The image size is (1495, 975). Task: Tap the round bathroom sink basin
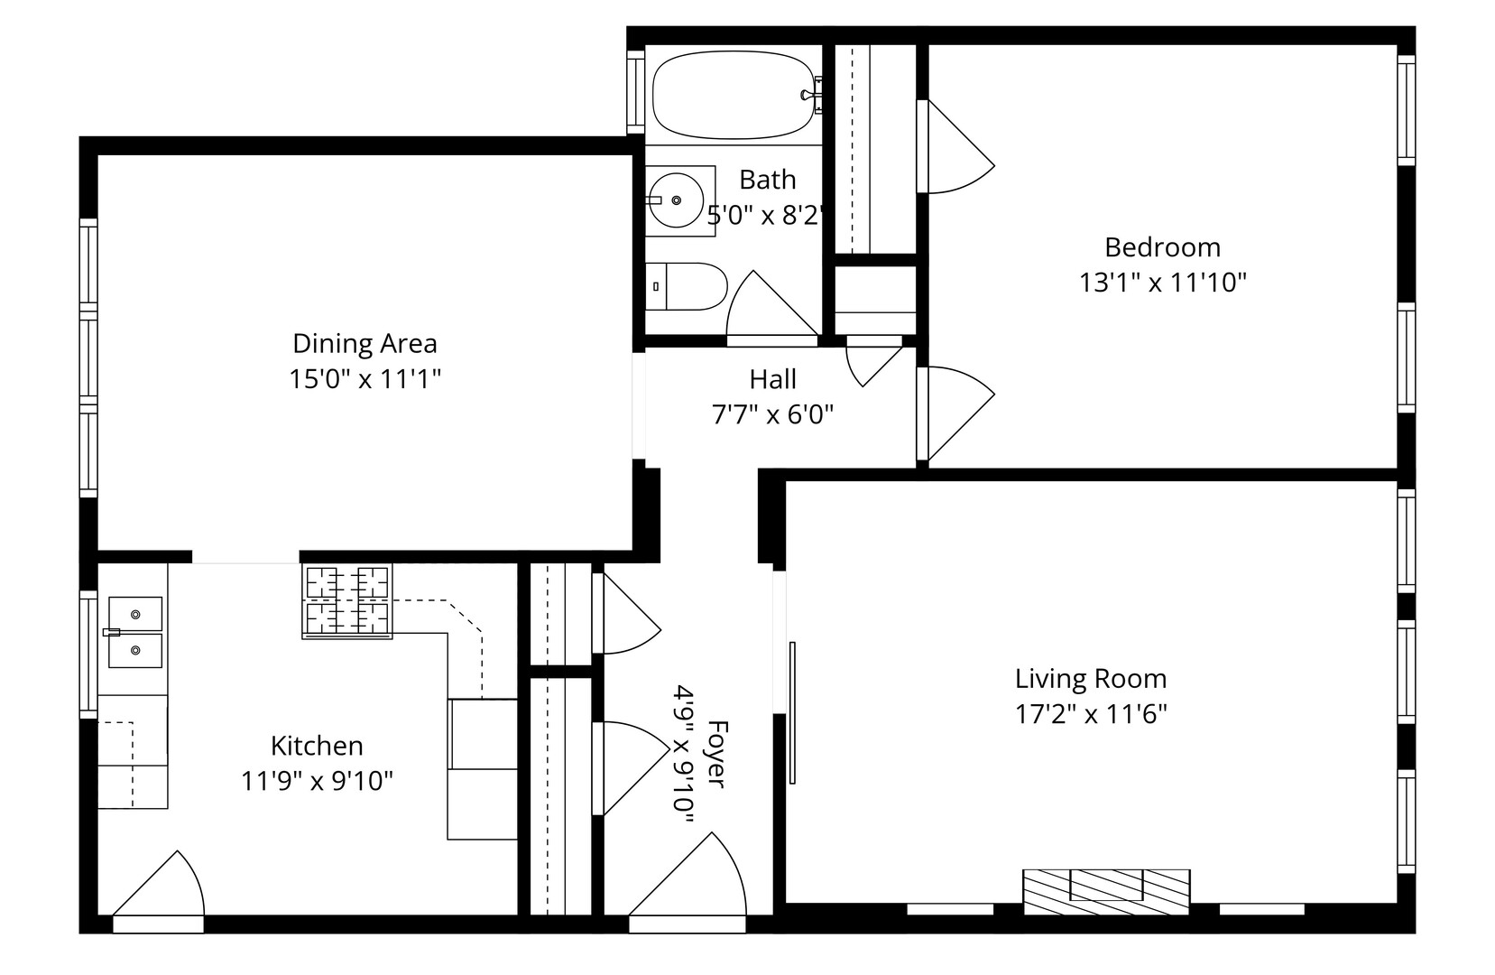point(676,200)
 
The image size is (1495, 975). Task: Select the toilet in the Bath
point(686,286)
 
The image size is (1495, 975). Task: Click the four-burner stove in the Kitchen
point(347,601)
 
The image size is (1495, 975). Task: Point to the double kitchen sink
point(135,633)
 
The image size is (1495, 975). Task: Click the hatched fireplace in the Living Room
point(1106,892)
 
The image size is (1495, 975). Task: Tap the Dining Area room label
point(365,343)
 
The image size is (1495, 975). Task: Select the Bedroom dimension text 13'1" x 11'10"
point(1163,283)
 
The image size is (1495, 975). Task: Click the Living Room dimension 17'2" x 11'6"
point(1091,714)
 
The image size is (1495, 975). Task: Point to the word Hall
point(773,379)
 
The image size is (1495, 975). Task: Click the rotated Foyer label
point(715,753)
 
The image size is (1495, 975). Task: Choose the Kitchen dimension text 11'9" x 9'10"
point(317,780)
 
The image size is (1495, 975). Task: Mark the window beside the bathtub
point(635,92)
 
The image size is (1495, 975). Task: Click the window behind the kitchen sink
point(88,655)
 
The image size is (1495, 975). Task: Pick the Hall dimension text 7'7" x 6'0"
point(773,414)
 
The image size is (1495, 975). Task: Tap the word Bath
point(768,180)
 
